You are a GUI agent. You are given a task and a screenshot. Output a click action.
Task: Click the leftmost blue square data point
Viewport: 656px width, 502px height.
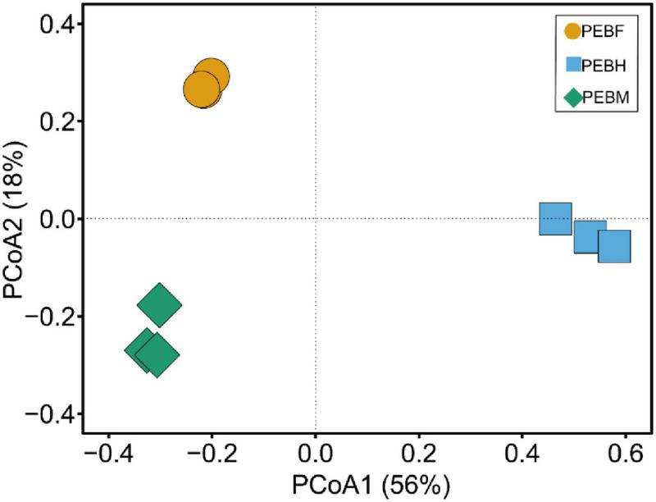(555, 218)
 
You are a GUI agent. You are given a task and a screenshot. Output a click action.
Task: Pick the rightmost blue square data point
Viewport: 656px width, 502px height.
(614, 246)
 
